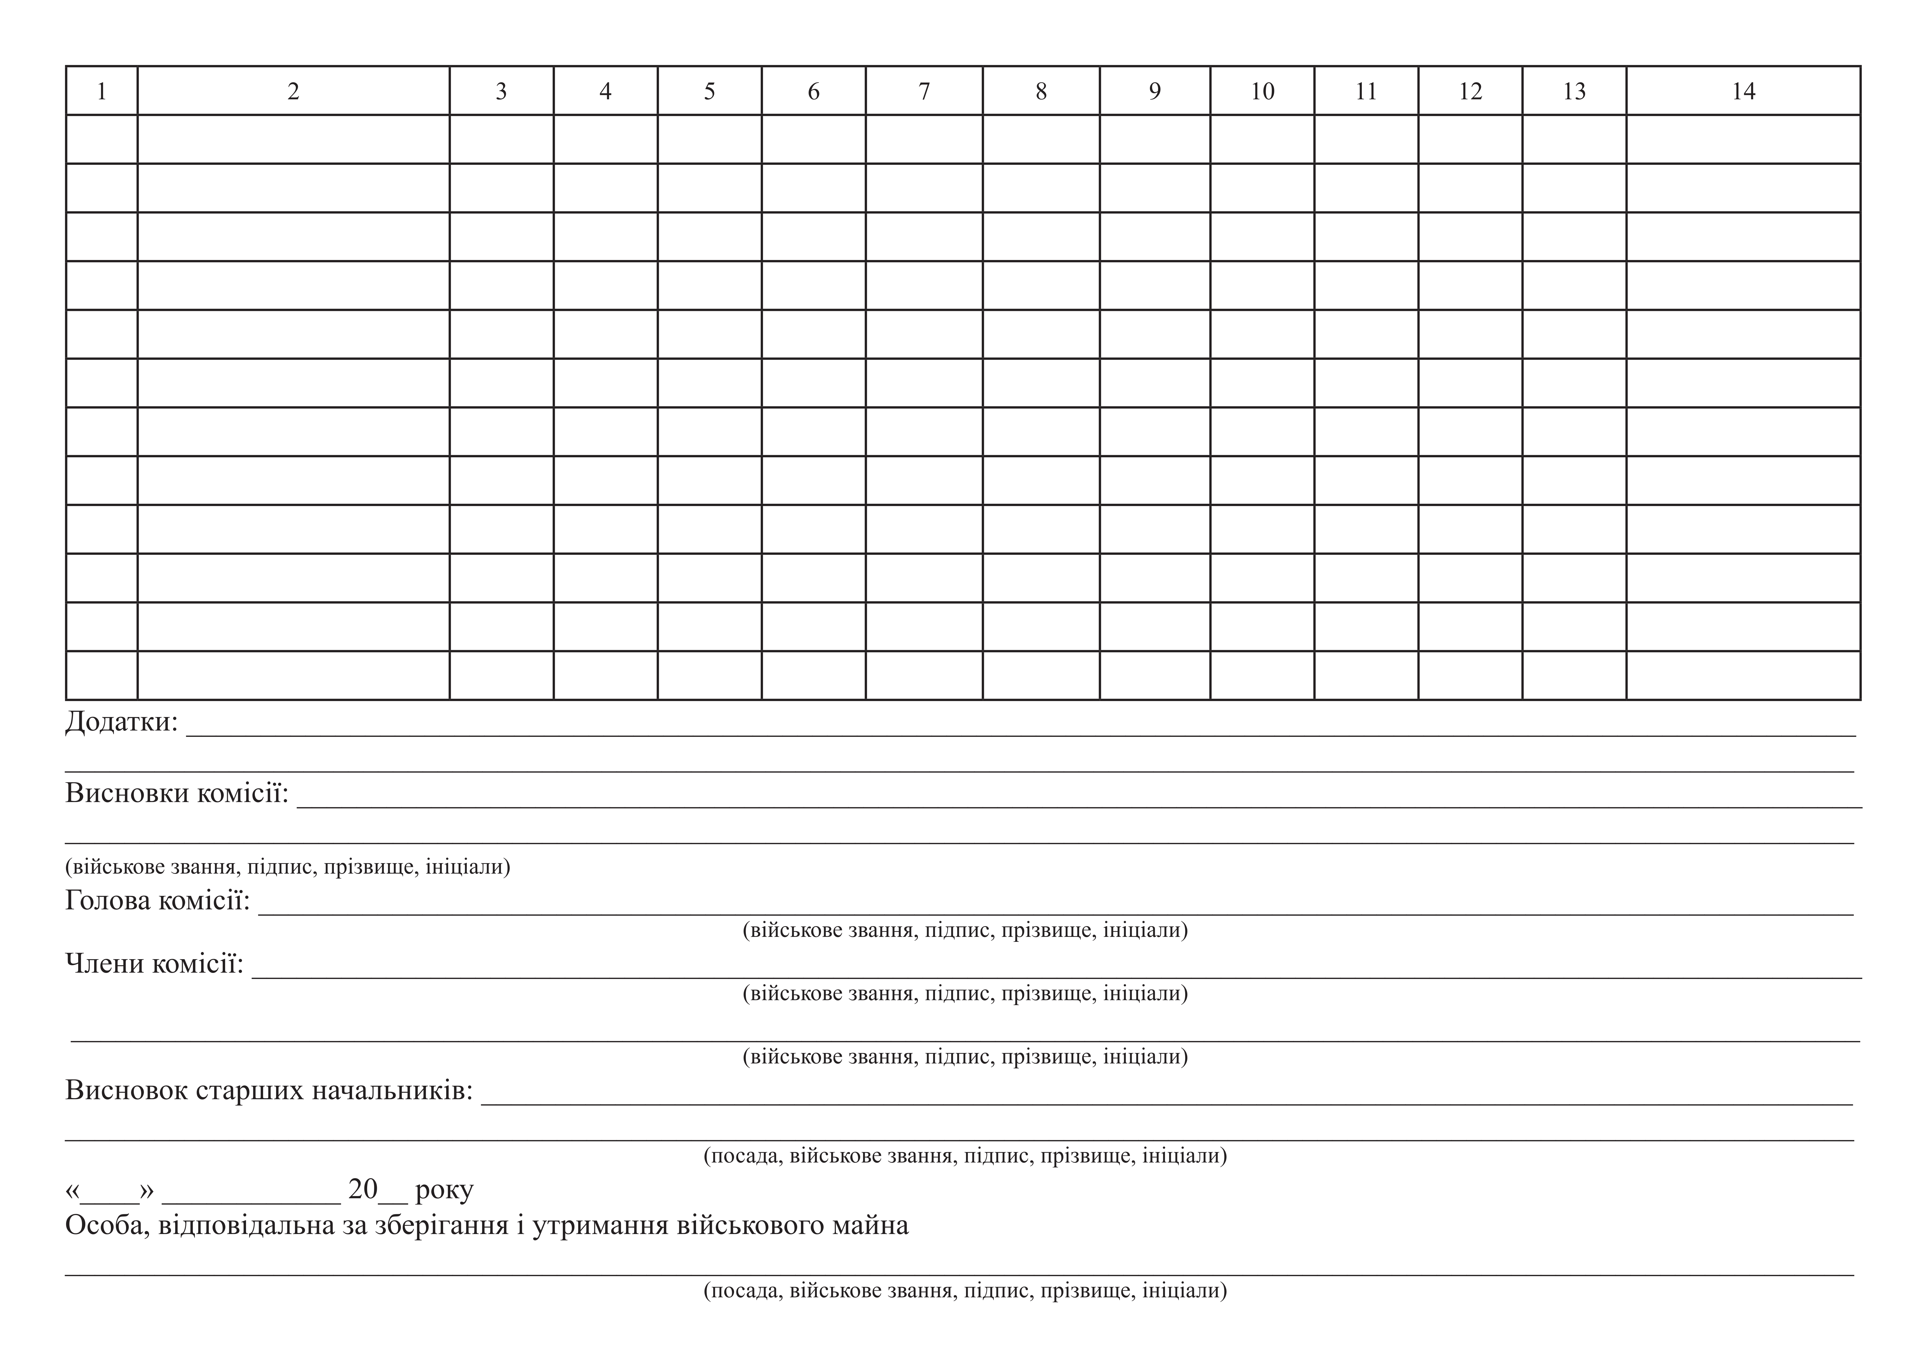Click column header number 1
102,91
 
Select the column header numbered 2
293,91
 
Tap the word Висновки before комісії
127,793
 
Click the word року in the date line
444,1190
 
